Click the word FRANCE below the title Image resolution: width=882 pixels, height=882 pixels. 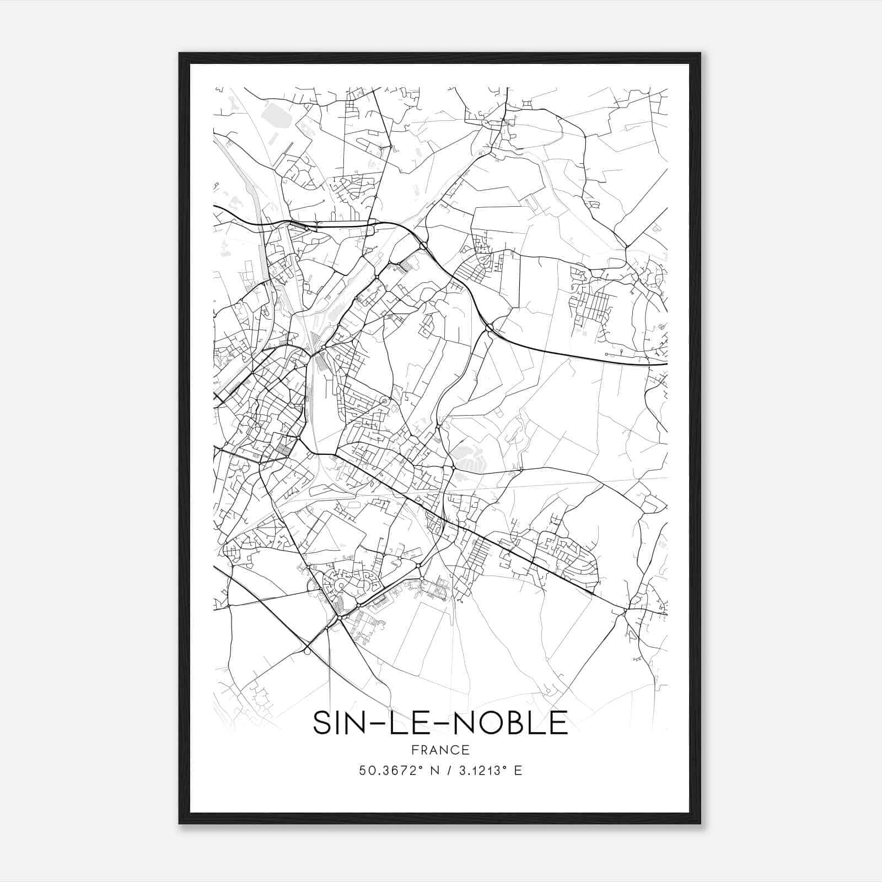tap(440, 750)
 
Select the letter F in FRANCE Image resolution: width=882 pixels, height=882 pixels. tap(414, 750)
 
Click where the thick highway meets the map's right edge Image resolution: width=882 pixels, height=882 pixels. tap(666, 364)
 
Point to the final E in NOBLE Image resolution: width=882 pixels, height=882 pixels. tap(560, 722)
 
